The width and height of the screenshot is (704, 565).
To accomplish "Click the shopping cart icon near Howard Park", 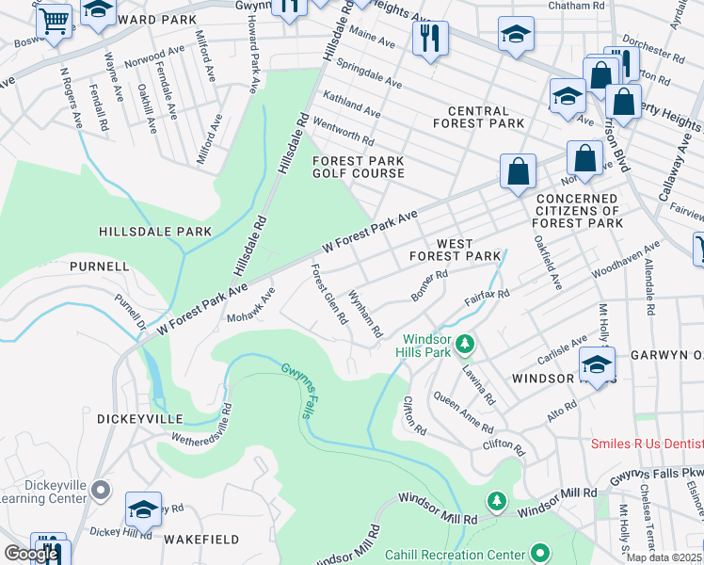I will tap(55, 20).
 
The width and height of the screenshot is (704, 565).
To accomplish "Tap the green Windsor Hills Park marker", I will tap(463, 347).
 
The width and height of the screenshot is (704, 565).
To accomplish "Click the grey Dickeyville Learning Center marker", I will tap(104, 491).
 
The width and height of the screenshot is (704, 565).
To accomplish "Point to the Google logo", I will tap(30, 554).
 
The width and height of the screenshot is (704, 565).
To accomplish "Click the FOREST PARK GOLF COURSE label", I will tap(359, 167).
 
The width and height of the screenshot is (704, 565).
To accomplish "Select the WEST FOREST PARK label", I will tap(455, 250).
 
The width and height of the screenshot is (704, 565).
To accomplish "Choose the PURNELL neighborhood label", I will tap(99, 266).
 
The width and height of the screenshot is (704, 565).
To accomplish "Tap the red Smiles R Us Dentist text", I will tap(647, 444).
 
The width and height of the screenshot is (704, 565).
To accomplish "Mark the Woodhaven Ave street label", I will tap(626, 258).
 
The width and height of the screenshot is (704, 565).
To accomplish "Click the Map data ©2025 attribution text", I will tap(664, 557).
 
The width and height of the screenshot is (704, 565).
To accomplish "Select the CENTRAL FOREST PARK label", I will tap(478, 117).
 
